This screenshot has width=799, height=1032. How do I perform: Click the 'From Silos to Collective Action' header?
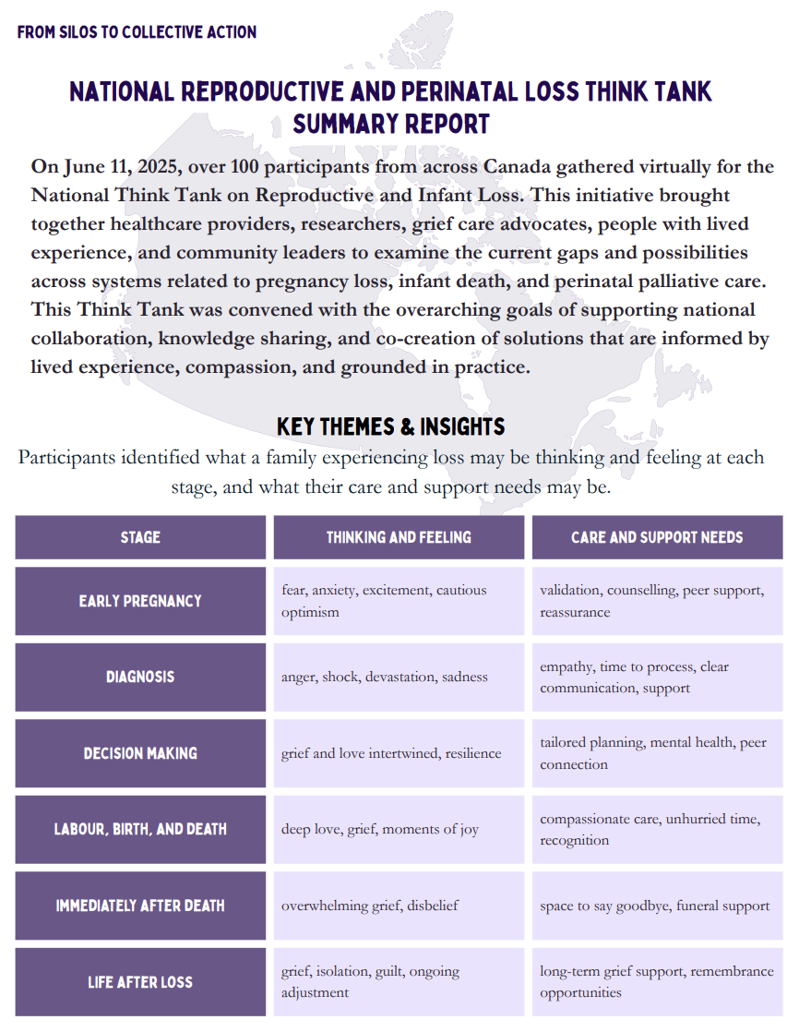137,32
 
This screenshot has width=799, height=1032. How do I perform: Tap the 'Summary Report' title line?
390,123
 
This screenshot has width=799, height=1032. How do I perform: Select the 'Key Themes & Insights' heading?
390,426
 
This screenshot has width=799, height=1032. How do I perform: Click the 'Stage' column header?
140,537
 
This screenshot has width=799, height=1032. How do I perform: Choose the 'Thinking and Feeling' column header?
399,537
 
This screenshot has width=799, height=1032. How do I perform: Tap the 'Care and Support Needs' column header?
657,537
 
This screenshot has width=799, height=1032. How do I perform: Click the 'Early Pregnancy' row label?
140,601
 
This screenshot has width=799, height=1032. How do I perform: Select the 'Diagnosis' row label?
140,677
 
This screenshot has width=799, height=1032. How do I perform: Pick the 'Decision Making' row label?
140,753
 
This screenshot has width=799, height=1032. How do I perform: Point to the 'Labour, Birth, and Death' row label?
140,829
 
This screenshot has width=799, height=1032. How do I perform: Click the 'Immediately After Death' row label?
140,906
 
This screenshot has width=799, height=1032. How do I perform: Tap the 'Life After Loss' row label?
140,981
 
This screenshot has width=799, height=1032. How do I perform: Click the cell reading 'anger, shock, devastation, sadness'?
385,677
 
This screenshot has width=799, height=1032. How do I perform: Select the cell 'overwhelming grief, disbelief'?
370,906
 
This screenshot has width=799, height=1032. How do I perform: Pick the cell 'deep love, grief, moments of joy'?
380,829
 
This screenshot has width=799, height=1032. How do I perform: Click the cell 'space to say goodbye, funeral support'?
655,906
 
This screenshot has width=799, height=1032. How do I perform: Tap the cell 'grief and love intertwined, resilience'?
391,753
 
